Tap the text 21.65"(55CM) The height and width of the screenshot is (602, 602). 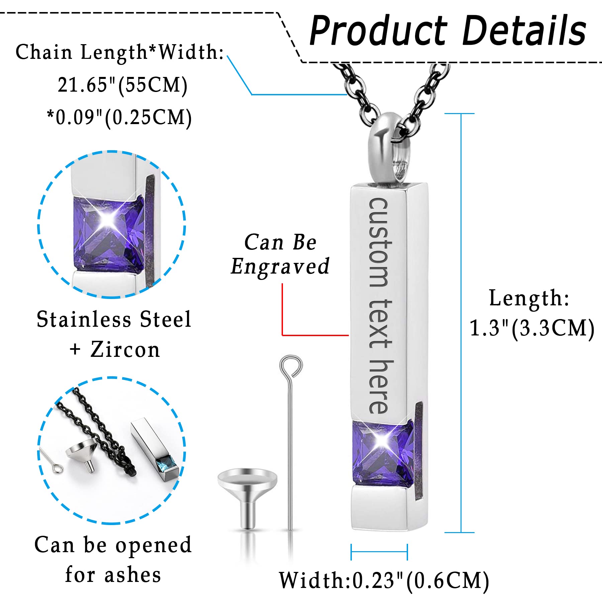pos(122,85)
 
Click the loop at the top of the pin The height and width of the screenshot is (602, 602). pos(291,366)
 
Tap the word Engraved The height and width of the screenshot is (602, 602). pos(280,267)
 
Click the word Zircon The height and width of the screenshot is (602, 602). pos(125,350)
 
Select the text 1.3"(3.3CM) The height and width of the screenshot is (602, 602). pos(532,328)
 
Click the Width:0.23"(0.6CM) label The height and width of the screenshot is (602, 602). pos(384,580)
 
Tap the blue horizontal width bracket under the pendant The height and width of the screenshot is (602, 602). pos(379,552)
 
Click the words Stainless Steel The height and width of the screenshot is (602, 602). pos(114,319)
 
